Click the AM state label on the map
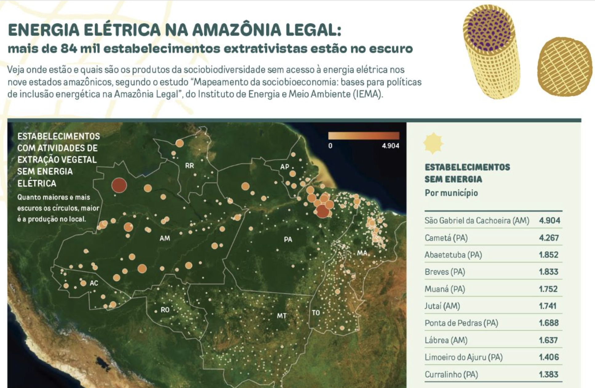(165, 238)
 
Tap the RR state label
(190, 166)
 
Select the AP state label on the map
(285, 167)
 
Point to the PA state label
(288, 239)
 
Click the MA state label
(362, 253)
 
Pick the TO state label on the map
(316, 313)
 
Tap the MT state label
(282, 316)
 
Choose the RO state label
(165, 309)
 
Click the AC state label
(94, 283)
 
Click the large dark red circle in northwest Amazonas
(119, 185)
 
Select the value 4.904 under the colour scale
(390, 146)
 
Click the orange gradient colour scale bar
(364, 136)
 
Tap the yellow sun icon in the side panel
(433, 143)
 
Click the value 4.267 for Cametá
(549, 238)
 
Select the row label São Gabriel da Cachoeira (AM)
(477, 220)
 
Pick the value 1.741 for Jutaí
(548, 306)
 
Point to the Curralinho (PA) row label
(451, 374)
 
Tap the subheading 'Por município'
(451, 193)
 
